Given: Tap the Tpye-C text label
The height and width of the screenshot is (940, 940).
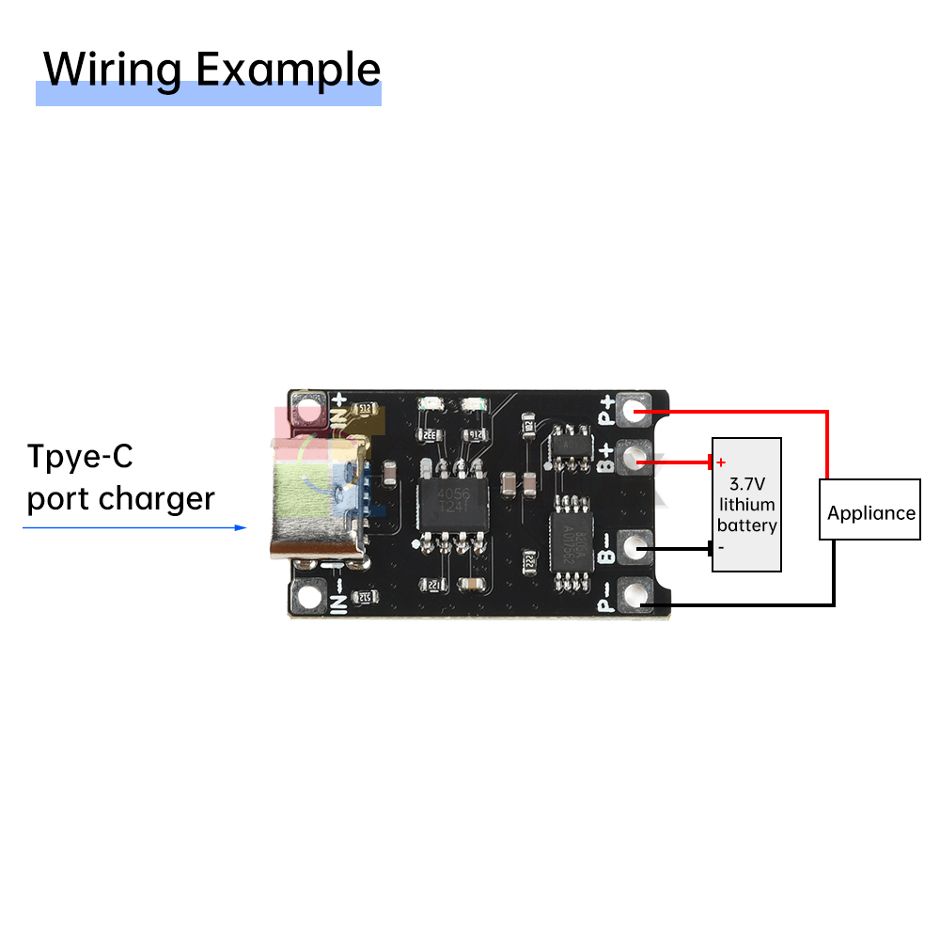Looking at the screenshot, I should point(80,458).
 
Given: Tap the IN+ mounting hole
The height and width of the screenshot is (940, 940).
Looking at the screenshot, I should point(307,410).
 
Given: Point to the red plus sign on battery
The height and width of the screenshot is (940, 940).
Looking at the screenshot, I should point(721,462).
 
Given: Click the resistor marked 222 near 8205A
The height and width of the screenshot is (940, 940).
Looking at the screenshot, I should point(529,560).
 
